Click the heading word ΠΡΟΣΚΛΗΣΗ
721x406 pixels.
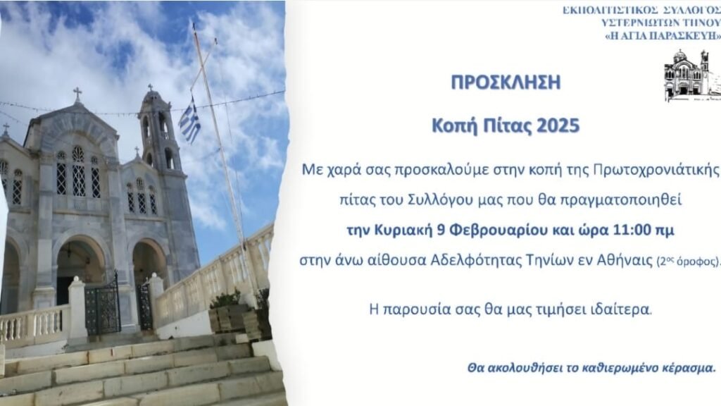[x=506, y=82]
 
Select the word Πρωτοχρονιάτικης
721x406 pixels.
[x=656, y=170]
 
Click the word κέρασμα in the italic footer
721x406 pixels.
[x=689, y=368]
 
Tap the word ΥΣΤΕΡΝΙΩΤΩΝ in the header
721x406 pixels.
[x=640, y=23]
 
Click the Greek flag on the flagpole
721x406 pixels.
[x=189, y=121]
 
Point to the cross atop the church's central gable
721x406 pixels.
[x=77, y=94]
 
